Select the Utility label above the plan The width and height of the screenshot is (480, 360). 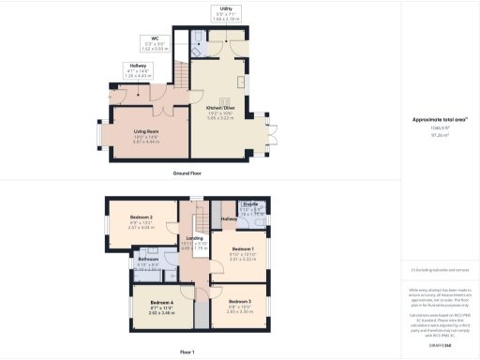tap(227, 7)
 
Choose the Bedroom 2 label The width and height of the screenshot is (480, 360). tap(141, 217)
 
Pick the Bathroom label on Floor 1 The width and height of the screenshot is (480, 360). tap(149, 260)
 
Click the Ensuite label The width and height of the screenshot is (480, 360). tap(251, 204)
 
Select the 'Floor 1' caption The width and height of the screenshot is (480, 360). tap(187, 352)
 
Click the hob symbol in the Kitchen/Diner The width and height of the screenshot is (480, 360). tap(224, 101)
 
